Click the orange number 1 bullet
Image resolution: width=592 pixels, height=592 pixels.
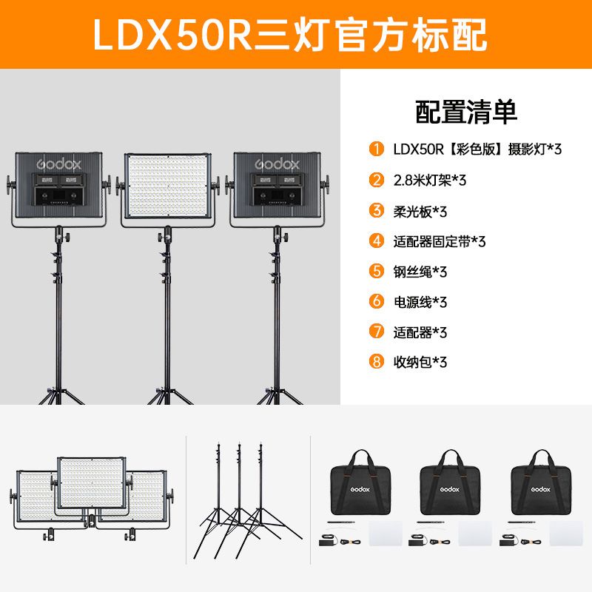[x=377, y=149]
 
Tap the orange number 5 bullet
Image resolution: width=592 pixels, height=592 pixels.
[x=377, y=271]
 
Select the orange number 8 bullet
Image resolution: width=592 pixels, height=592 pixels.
[x=377, y=362]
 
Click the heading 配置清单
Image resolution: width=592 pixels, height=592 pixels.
[x=466, y=112]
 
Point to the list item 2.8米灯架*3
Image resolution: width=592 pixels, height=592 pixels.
[x=430, y=180]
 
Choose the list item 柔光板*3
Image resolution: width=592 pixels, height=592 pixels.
[x=420, y=212]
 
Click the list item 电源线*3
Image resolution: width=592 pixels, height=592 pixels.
[x=420, y=302]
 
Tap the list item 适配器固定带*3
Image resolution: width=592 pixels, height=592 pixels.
[x=440, y=241]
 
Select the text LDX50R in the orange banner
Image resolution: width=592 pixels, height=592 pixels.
[x=172, y=35]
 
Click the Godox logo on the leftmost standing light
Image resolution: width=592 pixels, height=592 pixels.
[x=59, y=164]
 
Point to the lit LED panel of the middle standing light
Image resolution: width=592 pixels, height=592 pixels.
[x=168, y=186]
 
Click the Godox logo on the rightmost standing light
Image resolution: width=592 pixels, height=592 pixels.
[x=277, y=164]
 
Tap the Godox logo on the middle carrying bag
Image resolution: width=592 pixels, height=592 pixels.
[x=450, y=489]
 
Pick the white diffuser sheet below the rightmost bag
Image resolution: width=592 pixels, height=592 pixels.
[x=566, y=534]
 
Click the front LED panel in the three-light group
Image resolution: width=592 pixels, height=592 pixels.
[x=92, y=483]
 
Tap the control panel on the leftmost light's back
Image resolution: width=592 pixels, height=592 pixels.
[x=59, y=189]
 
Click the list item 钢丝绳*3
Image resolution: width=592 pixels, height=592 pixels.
[x=420, y=272]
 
